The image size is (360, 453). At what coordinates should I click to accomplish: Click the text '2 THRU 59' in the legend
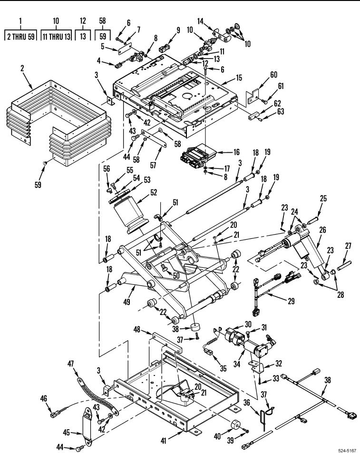tap(20, 37)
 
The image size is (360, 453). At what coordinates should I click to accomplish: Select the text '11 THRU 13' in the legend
tap(56, 37)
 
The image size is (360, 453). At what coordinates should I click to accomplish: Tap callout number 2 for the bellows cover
tap(22, 69)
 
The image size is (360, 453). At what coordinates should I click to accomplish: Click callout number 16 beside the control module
tap(236, 152)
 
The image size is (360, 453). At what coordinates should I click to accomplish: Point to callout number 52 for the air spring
tap(153, 192)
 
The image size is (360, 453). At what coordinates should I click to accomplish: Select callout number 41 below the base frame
tap(164, 441)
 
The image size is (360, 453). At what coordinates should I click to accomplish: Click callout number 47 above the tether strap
tap(71, 364)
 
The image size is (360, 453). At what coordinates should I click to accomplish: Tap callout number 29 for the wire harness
tap(291, 301)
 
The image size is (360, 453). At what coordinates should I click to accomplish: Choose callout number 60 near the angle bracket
tap(273, 75)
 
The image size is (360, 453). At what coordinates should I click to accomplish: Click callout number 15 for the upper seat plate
tap(239, 78)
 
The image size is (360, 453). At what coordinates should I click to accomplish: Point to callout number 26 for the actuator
tap(322, 230)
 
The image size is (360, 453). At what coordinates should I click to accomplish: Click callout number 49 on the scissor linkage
tap(126, 302)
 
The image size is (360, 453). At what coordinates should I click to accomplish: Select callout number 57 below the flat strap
tap(153, 165)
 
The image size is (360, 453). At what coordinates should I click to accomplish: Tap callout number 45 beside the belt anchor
tap(67, 433)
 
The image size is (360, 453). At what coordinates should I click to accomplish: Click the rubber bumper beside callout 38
tap(195, 327)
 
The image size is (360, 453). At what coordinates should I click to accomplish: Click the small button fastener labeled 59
tap(45, 164)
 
